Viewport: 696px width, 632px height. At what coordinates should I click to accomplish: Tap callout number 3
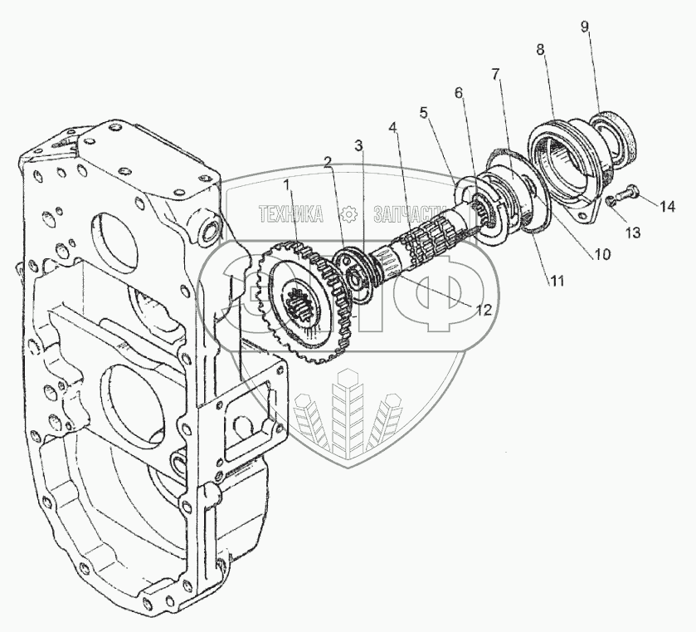(358, 145)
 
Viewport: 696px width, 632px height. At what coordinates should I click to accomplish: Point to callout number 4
(392, 129)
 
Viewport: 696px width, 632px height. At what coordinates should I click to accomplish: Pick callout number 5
(425, 111)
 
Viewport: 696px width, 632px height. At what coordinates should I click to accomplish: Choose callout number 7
(495, 75)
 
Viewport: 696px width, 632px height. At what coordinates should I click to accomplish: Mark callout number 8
(541, 50)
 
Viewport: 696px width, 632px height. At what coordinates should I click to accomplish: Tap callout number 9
(585, 27)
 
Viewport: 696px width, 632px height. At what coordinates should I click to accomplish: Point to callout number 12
(484, 310)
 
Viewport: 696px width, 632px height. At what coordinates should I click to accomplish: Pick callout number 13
(633, 233)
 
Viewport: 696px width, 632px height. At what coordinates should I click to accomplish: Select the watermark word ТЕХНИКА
(290, 214)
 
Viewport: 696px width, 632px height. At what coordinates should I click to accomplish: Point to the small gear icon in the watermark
(349, 214)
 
